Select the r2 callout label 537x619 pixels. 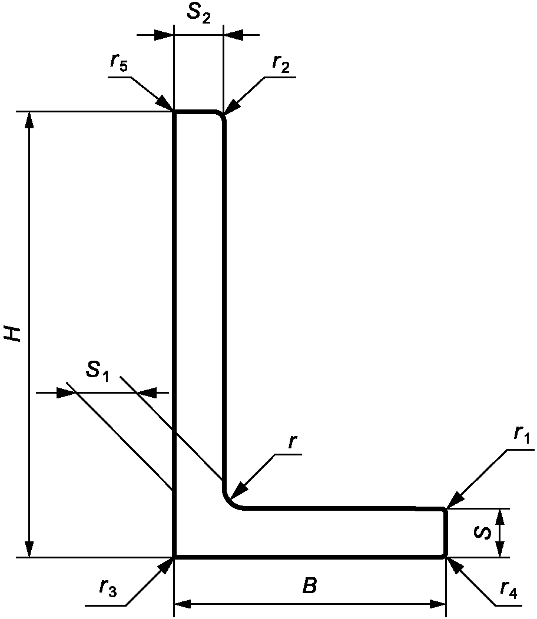click(281, 64)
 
